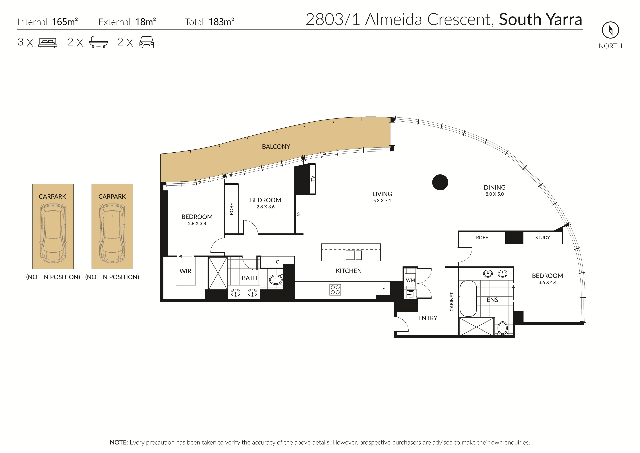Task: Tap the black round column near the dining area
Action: (440, 183)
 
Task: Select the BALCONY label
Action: (276, 147)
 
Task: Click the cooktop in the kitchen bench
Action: (335, 289)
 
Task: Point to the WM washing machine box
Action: (410, 280)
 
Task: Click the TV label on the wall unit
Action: (313, 178)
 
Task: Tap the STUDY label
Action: (542, 238)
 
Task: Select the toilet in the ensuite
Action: (502, 328)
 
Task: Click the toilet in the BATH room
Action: (276, 279)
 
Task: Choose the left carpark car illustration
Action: (53, 233)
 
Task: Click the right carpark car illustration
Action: (112, 233)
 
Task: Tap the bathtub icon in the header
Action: (98, 42)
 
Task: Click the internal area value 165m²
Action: (65, 22)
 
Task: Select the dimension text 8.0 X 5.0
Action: (494, 194)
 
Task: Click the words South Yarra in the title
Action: (540, 20)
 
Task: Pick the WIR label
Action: (185, 271)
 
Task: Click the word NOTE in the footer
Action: (119, 442)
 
